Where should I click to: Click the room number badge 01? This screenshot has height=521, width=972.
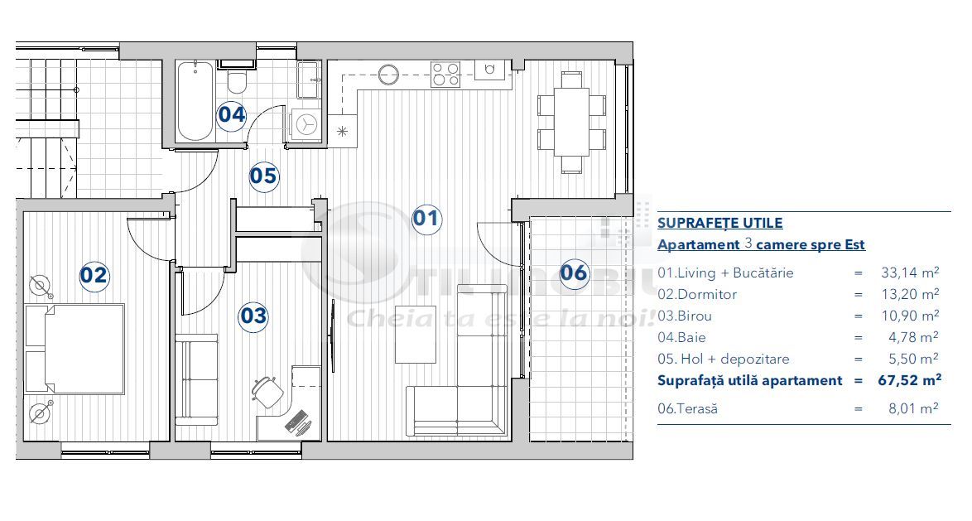(426, 219)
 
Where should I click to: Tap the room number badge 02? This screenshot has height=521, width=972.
(94, 274)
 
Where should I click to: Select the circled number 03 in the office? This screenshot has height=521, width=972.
(253, 316)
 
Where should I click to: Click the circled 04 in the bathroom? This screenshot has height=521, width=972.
(232, 114)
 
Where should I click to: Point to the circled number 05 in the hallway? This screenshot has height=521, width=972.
(263, 176)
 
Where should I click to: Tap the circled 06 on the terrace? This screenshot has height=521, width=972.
(574, 273)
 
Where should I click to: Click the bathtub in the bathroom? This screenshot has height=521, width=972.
(195, 100)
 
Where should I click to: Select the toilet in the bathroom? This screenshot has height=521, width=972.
(238, 82)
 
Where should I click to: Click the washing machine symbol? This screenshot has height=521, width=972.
(306, 124)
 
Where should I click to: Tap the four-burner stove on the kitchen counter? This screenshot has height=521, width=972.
(445, 75)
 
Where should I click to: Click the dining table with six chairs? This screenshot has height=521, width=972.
(571, 122)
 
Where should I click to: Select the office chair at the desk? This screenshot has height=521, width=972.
(266, 391)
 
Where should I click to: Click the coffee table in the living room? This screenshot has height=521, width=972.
(415, 335)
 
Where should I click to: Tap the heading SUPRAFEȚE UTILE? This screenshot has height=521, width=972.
(719, 223)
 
